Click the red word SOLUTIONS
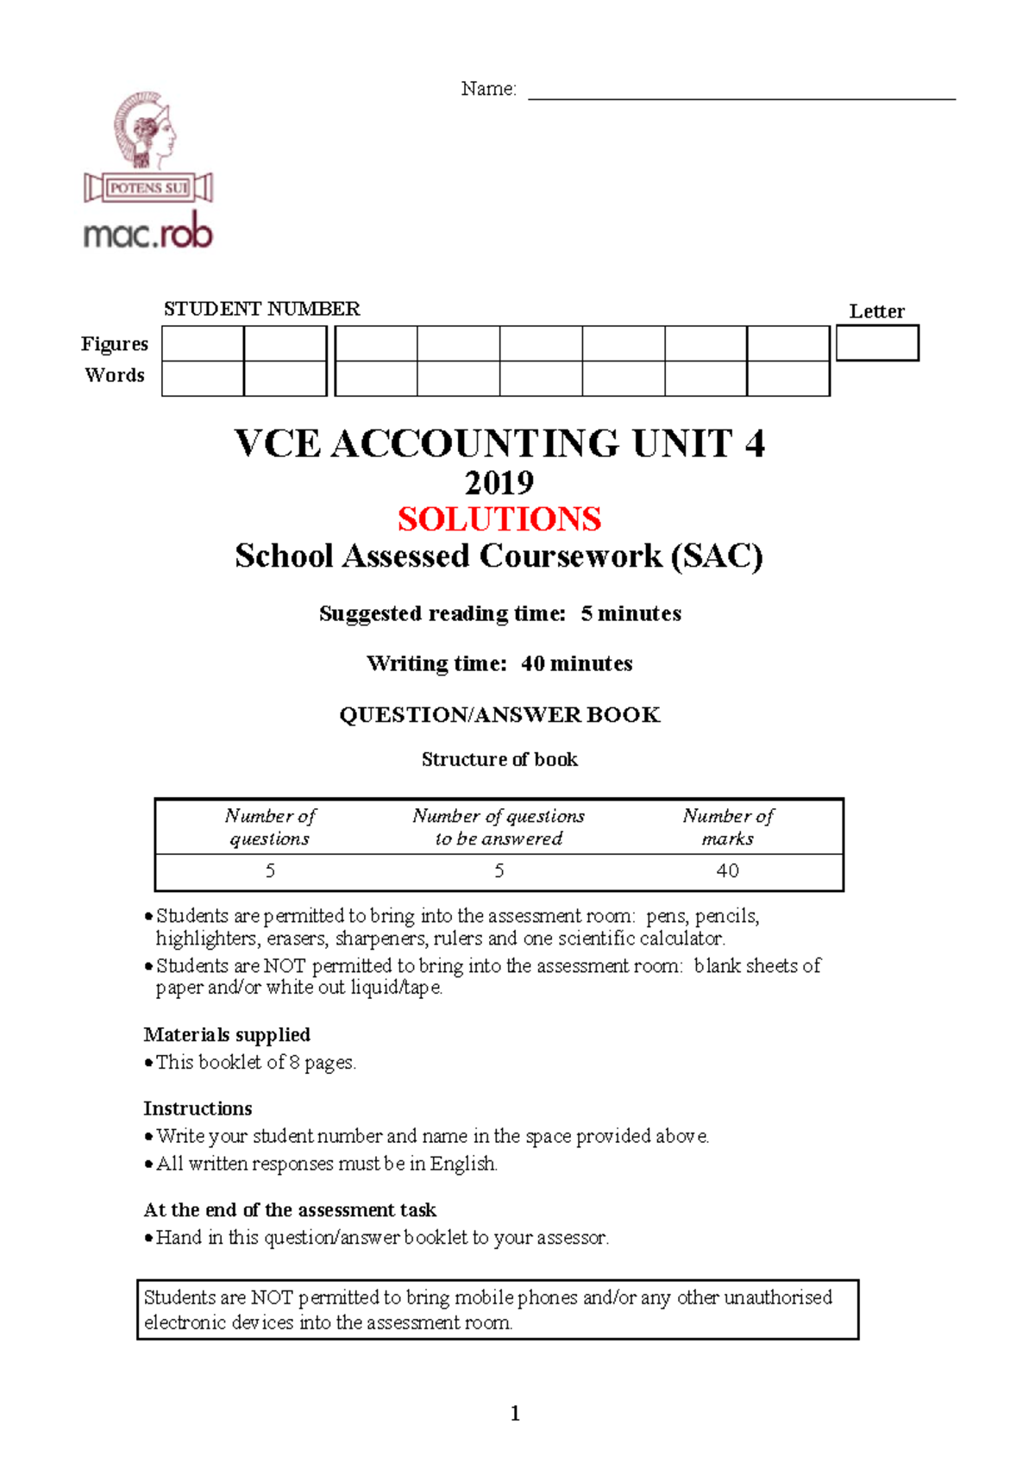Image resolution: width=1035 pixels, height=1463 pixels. pyautogui.click(x=499, y=518)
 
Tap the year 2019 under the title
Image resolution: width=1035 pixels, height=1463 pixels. pyautogui.click(x=499, y=481)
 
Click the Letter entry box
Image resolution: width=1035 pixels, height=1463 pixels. pyautogui.click(x=877, y=342)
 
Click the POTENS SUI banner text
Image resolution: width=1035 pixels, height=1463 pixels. pyautogui.click(x=148, y=187)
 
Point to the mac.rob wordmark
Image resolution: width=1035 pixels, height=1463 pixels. pyautogui.click(x=147, y=232)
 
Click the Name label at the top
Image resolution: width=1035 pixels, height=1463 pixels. pyautogui.click(x=488, y=89)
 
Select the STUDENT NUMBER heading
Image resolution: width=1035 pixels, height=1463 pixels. pyautogui.click(x=261, y=309)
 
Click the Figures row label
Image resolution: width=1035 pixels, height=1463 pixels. pyautogui.click(x=115, y=344)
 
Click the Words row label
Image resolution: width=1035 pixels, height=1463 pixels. pyautogui.click(x=115, y=375)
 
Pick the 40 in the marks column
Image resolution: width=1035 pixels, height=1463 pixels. pyautogui.click(x=727, y=870)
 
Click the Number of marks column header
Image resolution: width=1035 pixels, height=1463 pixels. pyautogui.click(x=727, y=826)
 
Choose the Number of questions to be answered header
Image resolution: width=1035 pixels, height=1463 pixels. pyautogui.click(x=499, y=826)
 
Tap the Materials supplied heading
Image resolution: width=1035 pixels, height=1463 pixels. pyautogui.click(x=227, y=1034)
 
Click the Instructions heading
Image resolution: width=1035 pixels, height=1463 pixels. pyautogui.click(x=198, y=1108)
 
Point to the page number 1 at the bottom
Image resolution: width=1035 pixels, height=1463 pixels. pyautogui.click(x=515, y=1413)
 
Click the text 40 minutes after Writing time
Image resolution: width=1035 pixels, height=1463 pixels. pyautogui.click(x=576, y=663)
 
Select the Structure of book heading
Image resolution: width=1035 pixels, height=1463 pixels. pyautogui.click(x=499, y=759)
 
